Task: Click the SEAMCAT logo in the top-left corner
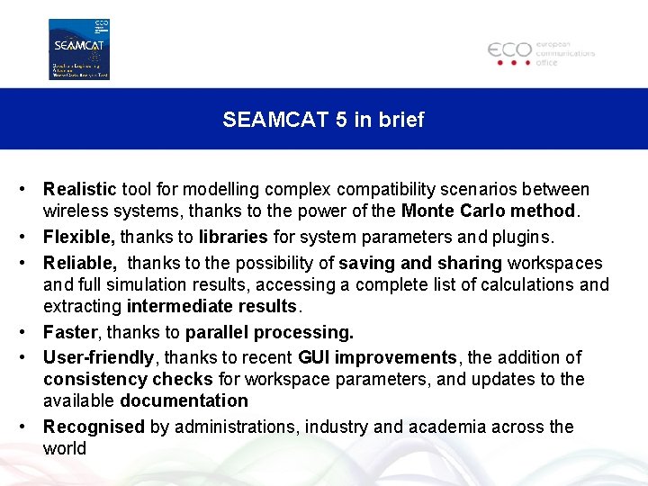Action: (x=79, y=49)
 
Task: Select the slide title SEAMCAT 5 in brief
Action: (x=323, y=120)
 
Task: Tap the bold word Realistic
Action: (x=80, y=190)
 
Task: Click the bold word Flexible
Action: (x=79, y=238)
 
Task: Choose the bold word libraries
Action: (x=233, y=238)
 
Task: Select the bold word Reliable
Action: (x=80, y=263)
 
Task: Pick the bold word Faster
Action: (x=70, y=332)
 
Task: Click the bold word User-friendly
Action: (x=99, y=358)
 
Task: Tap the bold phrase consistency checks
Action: (x=128, y=380)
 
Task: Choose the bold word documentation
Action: (x=184, y=401)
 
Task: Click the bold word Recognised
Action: (x=94, y=427)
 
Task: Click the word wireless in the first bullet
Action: (x=72, y=211)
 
